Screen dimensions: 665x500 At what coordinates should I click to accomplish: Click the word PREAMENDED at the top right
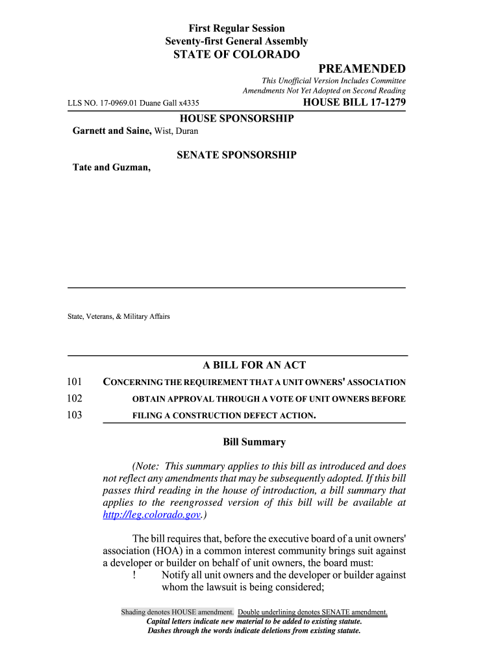click(x=362, y=69)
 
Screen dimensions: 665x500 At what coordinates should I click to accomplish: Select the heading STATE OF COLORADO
click(x=236, y=55)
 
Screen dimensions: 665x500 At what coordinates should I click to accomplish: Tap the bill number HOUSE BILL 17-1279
click(x=355, y=103)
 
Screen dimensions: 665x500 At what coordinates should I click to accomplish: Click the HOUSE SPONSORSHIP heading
click(x=236, y=118)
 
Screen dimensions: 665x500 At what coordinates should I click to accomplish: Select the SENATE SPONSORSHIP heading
click(x=236, y=155)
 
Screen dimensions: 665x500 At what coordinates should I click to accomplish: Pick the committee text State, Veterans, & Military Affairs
click(x=119, y=316)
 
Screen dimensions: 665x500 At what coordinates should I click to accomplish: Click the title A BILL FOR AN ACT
click(x=254, y=365)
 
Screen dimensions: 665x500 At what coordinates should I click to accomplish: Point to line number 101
click(x=75, y=382)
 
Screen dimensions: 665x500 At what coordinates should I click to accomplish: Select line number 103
click(x=75, y=415)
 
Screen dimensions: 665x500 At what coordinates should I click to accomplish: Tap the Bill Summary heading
click(x=254, y=442)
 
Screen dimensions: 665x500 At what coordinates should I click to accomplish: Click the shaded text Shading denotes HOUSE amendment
click(x=177, y=612)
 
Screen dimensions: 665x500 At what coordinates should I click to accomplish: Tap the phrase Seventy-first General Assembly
click(x=236, y=41)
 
